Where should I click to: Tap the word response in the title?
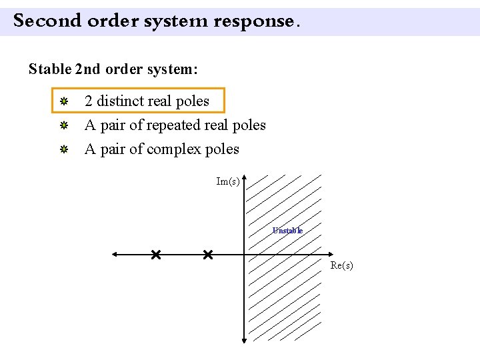(x=253, y=21)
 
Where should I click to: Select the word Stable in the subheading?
(x=50, y=69)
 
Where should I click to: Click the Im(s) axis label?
(x=228, y=181)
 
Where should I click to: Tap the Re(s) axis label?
(x=342, y=265)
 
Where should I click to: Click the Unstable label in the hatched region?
(x=287, y=231)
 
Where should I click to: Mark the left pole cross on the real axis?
(x=155, y=255)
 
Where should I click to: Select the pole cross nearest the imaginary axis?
(x=207, y=255)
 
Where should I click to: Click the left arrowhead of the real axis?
(x=115, y=255)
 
